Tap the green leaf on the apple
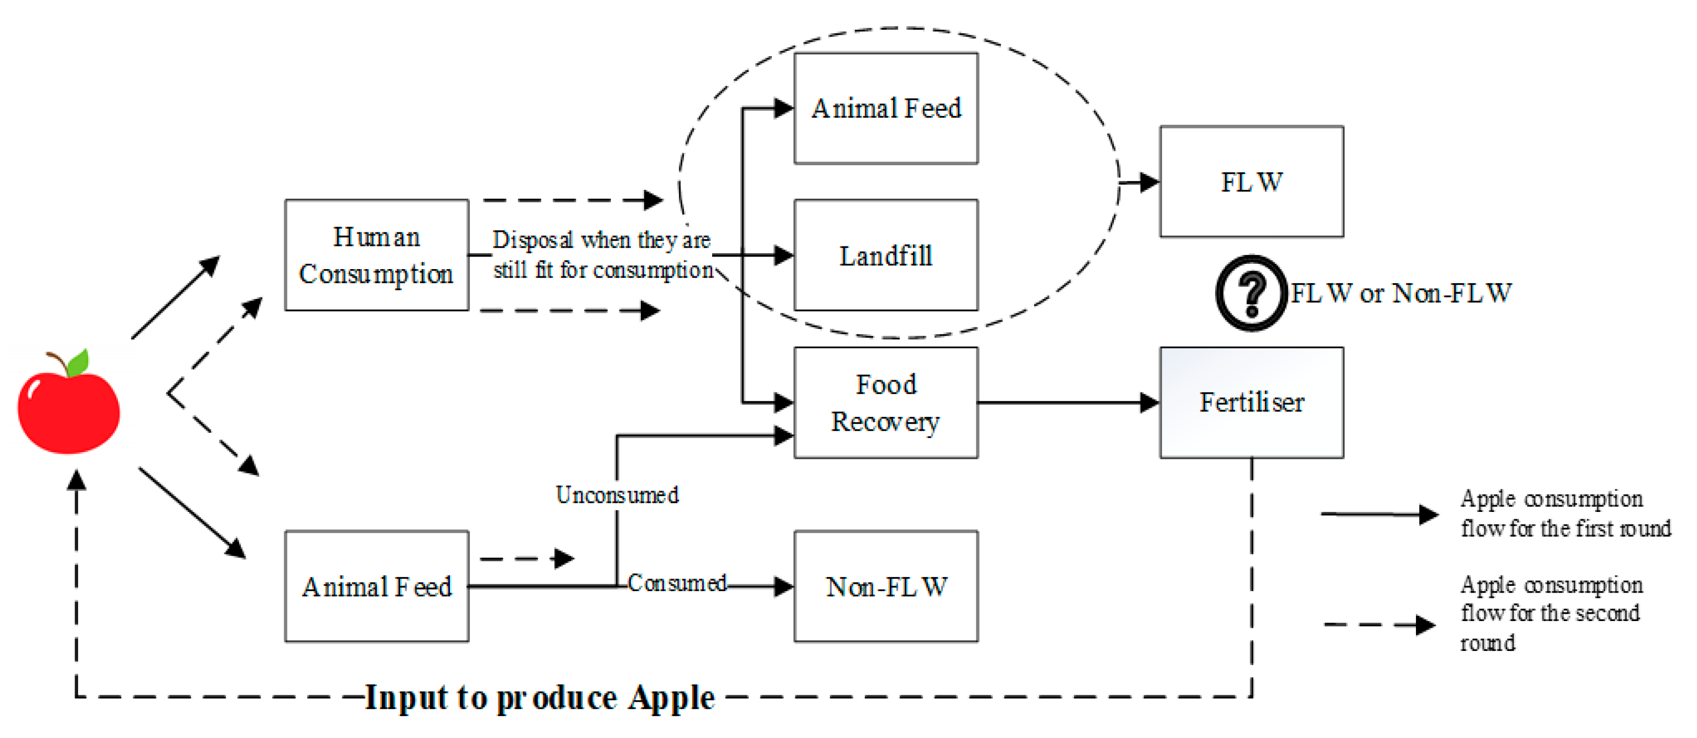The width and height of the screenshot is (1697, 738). coord(78,362)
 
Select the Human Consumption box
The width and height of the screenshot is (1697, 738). coord(376,255)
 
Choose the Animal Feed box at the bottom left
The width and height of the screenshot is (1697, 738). coord(376,586)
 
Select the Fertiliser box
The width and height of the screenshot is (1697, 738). coord(1251,403)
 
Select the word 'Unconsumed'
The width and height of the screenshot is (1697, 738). coord(617,495)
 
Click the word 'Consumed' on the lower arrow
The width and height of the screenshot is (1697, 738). coord(676,583)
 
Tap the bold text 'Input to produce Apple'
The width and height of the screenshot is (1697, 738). coord(540,697)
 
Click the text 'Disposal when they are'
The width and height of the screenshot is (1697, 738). coord(601,240)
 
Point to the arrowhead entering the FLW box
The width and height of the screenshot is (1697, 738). coord(1149,182)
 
